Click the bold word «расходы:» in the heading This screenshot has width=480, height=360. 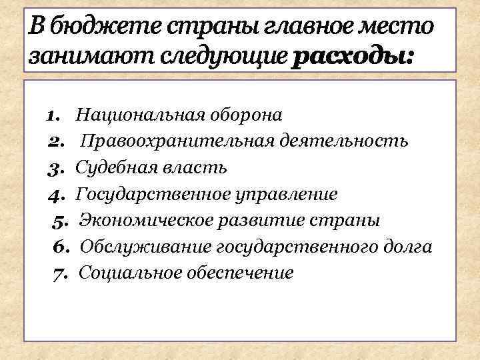[352, 56]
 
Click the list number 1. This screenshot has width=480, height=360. [54, 115]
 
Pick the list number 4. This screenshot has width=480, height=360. [55, 194]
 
